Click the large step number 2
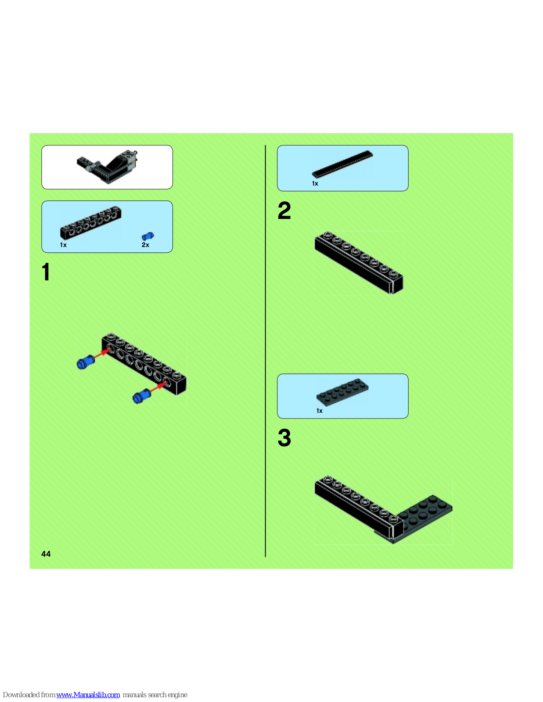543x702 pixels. (284, 210)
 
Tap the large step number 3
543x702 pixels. (284, 438)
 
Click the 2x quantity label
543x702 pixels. (145, 245)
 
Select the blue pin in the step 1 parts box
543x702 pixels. (147, 236)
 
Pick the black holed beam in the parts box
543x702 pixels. (90, 222)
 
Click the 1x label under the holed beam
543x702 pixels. (63, 245)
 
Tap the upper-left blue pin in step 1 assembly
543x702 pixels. (85, 362)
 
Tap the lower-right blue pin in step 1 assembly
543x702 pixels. (141, 396)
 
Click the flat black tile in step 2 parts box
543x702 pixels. (342, 164)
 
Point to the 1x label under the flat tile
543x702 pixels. (315, 183)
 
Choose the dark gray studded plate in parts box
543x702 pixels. (342, 392)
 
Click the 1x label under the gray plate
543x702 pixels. (319, 411)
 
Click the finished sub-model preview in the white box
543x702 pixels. (107, 167)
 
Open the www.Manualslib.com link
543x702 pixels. (88, 695)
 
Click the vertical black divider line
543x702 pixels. (266, 351)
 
